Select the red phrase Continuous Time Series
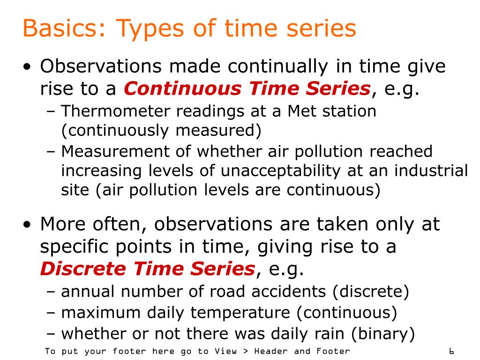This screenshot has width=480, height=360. [247, 88]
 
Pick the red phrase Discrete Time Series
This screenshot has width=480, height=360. [147, 269]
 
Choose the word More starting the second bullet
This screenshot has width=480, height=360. [62, 224]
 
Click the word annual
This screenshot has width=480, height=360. [88, 292]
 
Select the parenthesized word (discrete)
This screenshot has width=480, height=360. [371, 292]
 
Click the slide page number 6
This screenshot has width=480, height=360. [451, 351]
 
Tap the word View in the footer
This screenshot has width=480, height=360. [225, 351]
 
